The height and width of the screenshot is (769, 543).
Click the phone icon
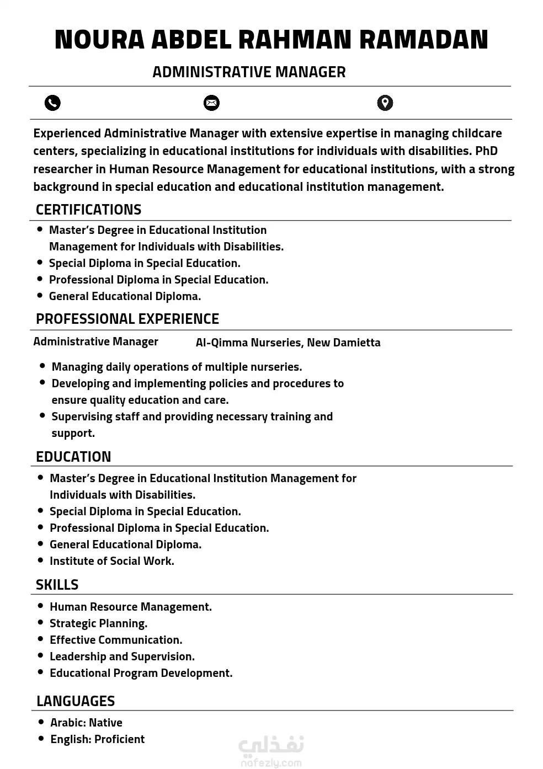click(52, 103)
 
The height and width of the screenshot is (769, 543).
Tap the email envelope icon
click(211, 103)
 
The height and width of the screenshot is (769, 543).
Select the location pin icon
click(385, 103)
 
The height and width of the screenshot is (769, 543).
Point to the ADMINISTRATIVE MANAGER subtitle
click(249, 72)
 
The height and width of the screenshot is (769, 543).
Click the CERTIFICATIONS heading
click(88, 210)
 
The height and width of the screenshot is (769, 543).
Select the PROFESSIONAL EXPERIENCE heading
click(127, 319)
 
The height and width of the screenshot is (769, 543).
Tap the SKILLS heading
click(57, 585)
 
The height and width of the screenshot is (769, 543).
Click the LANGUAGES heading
click(76, 701)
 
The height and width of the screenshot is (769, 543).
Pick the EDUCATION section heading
click(73, 457)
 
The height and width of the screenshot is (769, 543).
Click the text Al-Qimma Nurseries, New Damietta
click(288, 343)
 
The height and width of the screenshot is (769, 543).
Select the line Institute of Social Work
click(112, 561)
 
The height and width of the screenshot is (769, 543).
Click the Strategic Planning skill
click(98, 623)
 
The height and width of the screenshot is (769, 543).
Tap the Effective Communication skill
click(116, 640)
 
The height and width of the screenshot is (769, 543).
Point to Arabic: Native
click(86, 723)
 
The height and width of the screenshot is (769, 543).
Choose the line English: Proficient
click(97, 739)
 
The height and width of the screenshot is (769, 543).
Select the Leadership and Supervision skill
click(122, 656)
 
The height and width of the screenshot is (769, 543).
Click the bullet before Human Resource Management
click(40, 606)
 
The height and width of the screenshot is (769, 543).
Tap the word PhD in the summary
click(486, 151)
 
